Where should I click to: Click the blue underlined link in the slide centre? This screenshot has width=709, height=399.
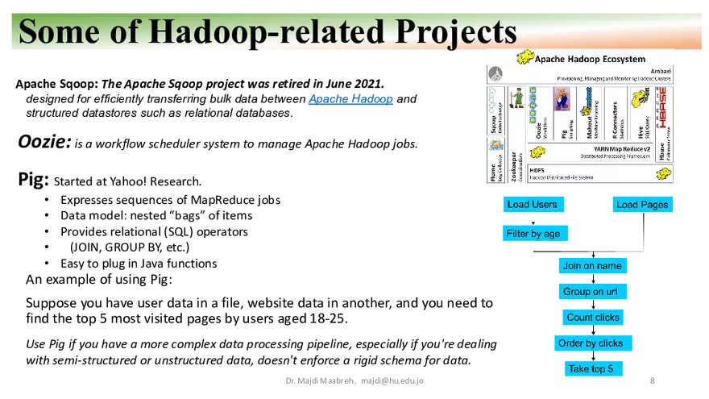click(x=350, y=101)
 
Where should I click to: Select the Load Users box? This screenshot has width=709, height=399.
click(x=532, y=204)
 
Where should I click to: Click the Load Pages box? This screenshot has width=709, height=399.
click(x=642, y=204)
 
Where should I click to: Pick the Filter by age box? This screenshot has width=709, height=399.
click(x=533, y=234)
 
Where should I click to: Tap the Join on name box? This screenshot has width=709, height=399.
click(x=592, y=266)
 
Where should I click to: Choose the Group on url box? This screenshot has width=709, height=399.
click(x=592, y=292)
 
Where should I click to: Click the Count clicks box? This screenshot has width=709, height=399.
click(x=593, y=318)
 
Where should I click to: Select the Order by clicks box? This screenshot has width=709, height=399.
click(x=591, y=343)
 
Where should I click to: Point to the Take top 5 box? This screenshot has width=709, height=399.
click(x=591, y=369)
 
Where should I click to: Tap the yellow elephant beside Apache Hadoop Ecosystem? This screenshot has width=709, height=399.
click(x=524, y=58)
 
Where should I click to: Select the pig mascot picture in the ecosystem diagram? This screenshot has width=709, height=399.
click(x=562, y=98)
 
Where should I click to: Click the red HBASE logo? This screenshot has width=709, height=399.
click(x=661, y=103)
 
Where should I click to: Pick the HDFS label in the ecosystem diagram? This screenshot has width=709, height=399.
click(x=537, y=170)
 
